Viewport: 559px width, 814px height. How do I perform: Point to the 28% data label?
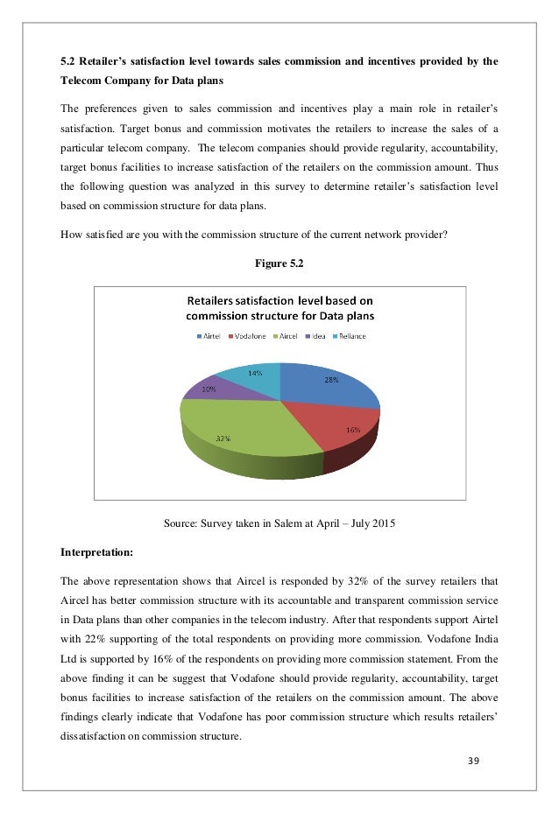(x=331, y=380)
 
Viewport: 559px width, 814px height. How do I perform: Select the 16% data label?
(x=352, y=430)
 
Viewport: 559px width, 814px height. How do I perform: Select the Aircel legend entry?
(x=288, y=335)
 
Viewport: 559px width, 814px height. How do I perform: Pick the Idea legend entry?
(x=320, y=335)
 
